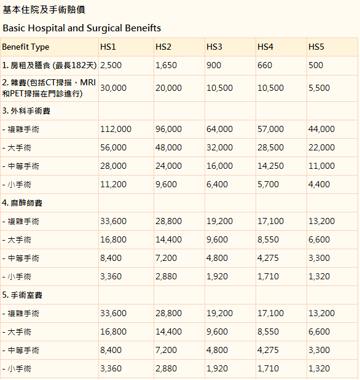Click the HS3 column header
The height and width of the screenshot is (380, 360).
click(214, 47)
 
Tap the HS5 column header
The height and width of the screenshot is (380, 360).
click(316, 47)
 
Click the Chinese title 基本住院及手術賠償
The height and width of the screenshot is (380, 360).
click(44, 10)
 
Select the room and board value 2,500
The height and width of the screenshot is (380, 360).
click(111, 65)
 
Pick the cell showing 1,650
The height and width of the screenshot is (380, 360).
click(166, 65)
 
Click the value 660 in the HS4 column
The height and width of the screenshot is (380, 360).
click(265, 65)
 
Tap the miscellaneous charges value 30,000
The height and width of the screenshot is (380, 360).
click(113, 88)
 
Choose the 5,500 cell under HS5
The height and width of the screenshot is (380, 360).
click(319, 88)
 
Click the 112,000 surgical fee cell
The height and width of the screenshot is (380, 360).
click(115, 129)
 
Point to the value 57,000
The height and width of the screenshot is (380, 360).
click(270, 129)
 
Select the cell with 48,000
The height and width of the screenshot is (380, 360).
click(168, 147)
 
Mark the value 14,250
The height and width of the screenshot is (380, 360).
click(270, 166)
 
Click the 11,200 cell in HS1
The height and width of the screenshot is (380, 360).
click(113, 184)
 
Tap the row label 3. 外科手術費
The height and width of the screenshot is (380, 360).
click(26, 111)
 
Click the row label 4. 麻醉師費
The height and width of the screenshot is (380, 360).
click(22, 203)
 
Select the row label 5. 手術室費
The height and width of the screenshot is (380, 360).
click(22, 295)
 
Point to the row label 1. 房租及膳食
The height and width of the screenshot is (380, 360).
click(26, 65)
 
